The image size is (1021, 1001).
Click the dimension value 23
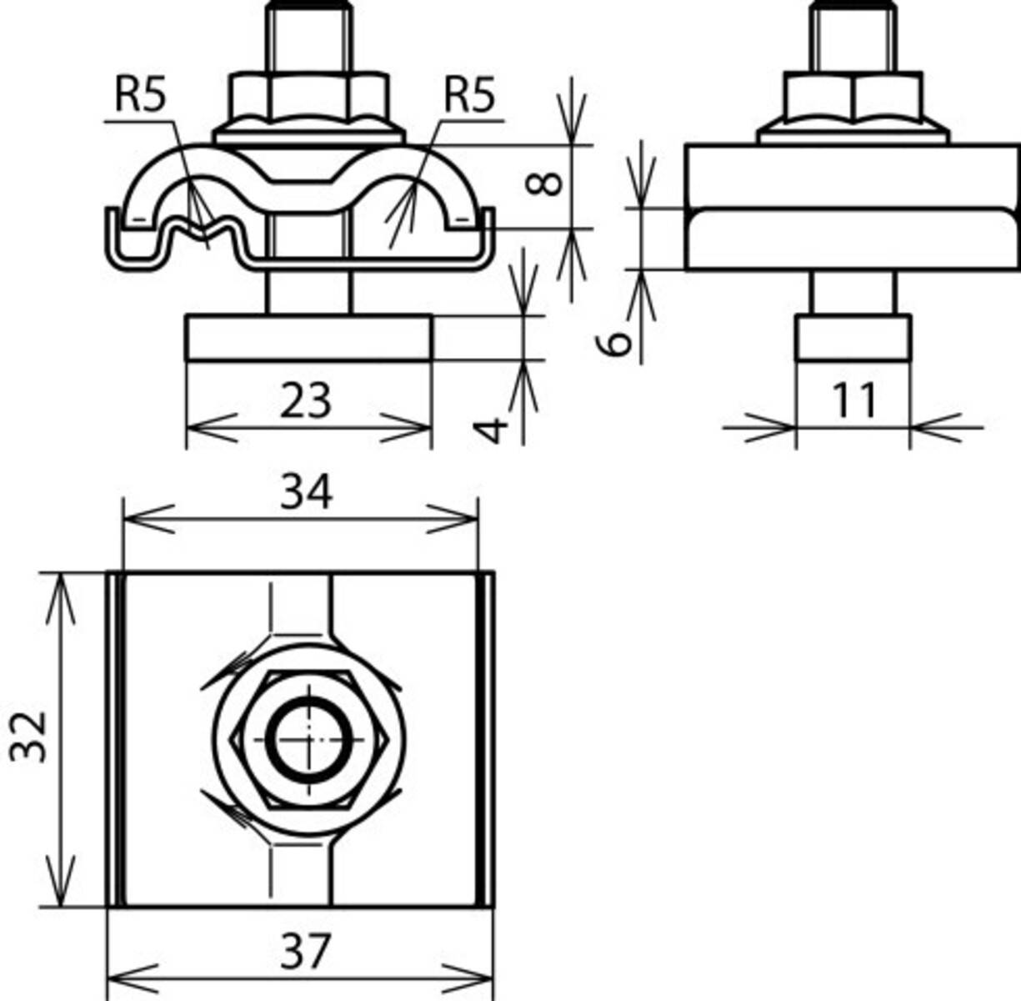point(305,400)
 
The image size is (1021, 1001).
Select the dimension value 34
point(305,491)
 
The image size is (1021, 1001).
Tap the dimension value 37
point(305,950)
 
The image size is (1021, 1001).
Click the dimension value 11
point(854,400)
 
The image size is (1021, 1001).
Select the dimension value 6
point(616,342)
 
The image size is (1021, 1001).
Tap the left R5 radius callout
point(140,96)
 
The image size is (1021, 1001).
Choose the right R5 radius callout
point(468,96)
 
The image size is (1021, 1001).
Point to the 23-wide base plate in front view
point(308,337)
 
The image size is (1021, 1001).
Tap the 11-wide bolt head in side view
point(853,337)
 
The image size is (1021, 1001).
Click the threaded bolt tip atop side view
point(853,38)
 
